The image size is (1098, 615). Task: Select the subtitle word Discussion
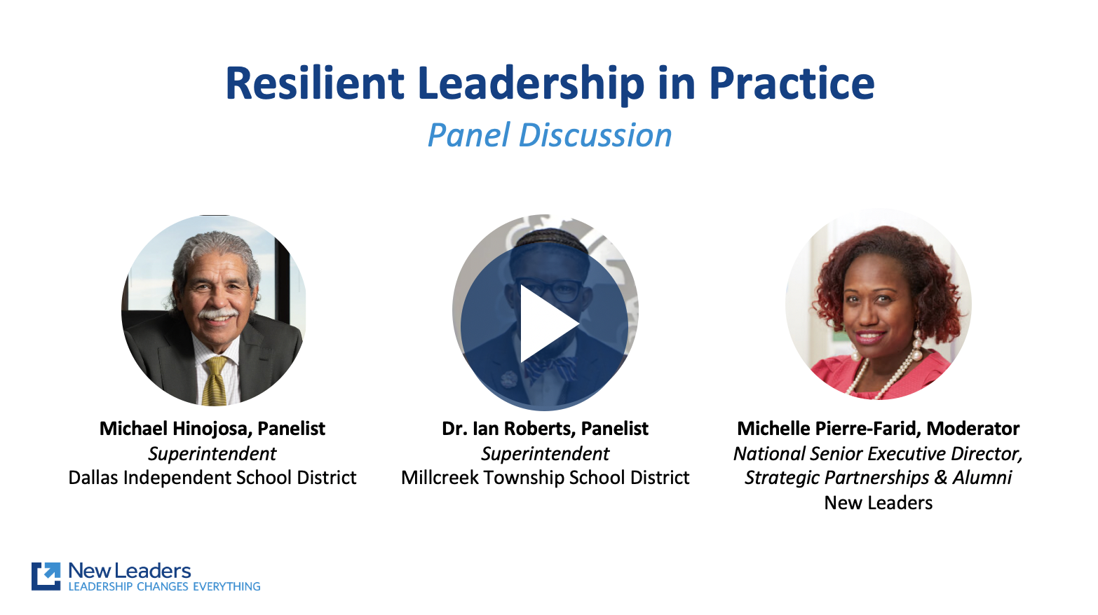coord(595,135)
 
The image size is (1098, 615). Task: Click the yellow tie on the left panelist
coord(215,381)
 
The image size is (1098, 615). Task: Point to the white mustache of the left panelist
coord(217,313)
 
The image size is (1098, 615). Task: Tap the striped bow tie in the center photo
coord(551,368)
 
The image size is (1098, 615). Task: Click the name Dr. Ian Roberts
coord(508,429)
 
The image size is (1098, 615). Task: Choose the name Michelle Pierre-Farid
coord(829,429)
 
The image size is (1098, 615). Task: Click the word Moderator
coord(973,429)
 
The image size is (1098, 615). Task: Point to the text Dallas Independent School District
coord(212,478)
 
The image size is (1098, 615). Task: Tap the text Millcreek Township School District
coord(545,478)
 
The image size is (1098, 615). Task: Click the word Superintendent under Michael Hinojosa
coord(212,454)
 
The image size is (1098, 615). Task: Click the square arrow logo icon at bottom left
coord(46,576)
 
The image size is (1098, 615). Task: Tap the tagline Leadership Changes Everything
coord(164,586)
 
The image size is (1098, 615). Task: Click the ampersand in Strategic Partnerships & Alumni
coord(940,478)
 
